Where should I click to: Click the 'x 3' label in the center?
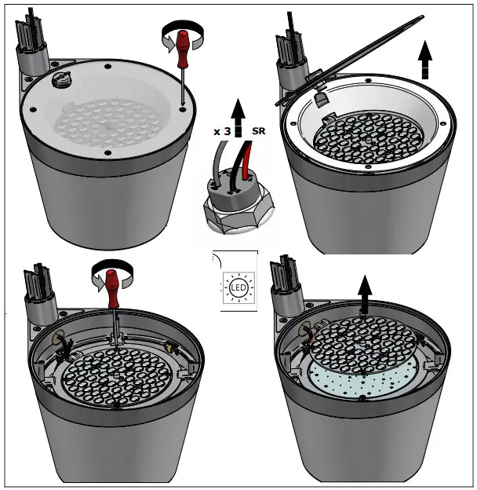click(222, 132)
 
